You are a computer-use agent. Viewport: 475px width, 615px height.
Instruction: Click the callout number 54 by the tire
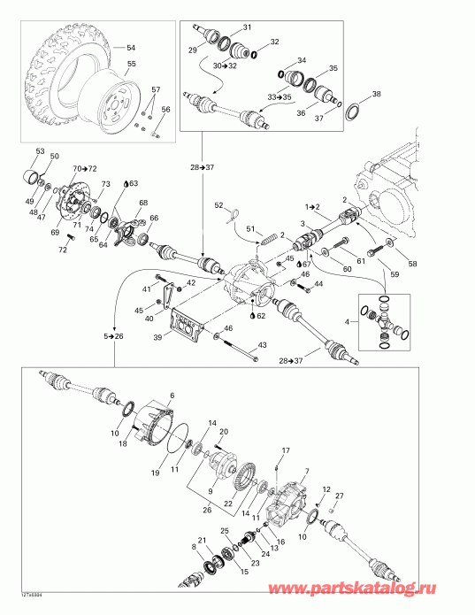(131, 47)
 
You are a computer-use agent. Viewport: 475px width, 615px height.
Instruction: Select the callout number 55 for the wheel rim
(131, 65)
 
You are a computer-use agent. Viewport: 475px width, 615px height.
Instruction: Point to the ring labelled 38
(351, 112)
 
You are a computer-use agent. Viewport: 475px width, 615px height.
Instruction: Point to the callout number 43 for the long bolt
(261, 344)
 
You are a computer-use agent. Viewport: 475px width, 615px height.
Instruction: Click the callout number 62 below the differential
(261, 316)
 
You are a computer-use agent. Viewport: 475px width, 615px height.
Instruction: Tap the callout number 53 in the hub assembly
(39, 151)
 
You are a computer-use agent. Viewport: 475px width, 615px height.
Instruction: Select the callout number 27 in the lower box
(338, 496)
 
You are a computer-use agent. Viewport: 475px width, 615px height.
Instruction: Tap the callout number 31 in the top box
(247, 27)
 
